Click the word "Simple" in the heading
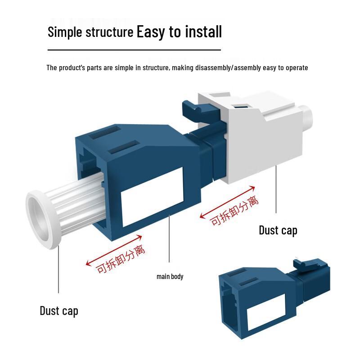[x=65, y=32]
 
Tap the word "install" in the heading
[x=203, y=31]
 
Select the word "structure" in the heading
[x=109, y=32]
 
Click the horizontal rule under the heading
[x=134, y=49]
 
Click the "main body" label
[x=170, y=276]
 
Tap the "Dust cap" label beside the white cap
[x=278, y=230]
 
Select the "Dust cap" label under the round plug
[x=59, y=311]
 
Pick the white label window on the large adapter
[x=152, y=197]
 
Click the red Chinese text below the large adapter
[x=121, y=259]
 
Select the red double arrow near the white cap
[x=227, y=202]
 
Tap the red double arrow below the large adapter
[x=114, y=251]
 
